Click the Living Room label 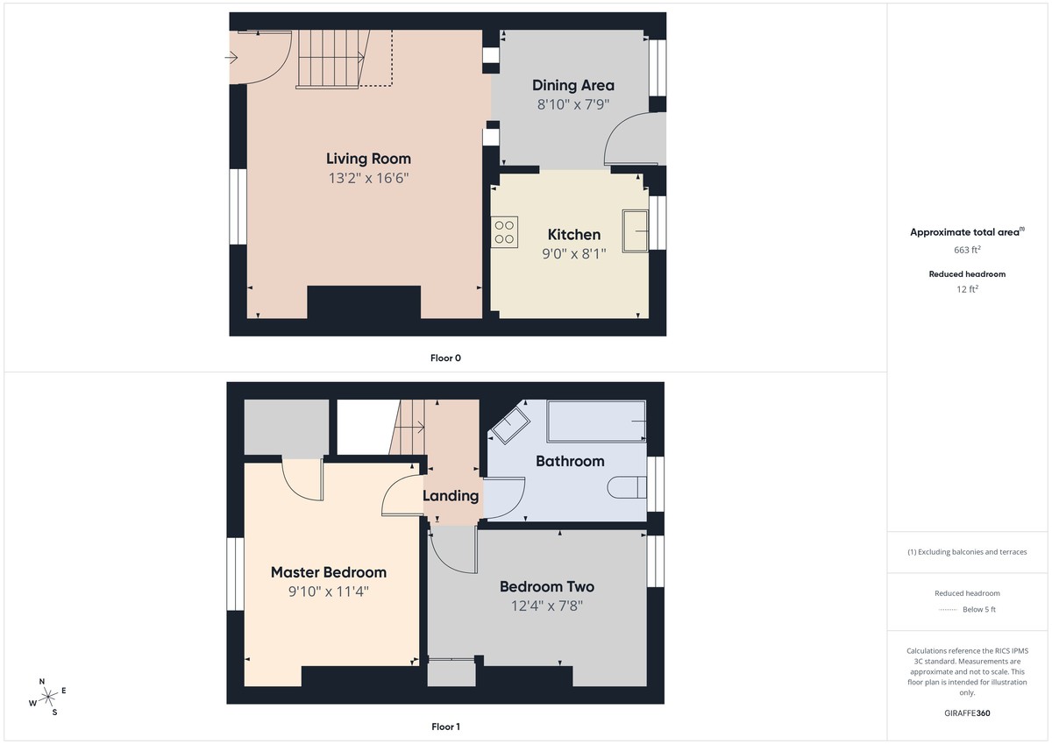(368, 159)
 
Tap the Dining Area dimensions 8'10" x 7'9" (573, 104)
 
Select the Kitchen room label (574, 235)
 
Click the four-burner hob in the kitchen (505, 231)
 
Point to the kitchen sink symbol (635, 230)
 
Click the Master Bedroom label (328, 572)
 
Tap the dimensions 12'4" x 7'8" (547, 606)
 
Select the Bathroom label (570, 461)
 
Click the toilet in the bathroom (629, 486)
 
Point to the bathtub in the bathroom (596, 422)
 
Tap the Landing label (451, 496)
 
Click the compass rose (48, 697)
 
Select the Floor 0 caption (445, 358)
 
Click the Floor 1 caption (445, 726)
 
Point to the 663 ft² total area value (967, 250)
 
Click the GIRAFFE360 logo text (967, 713)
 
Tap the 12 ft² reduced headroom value (967, 288)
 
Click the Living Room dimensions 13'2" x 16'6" (368, 178)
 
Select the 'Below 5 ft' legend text (979, 610)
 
